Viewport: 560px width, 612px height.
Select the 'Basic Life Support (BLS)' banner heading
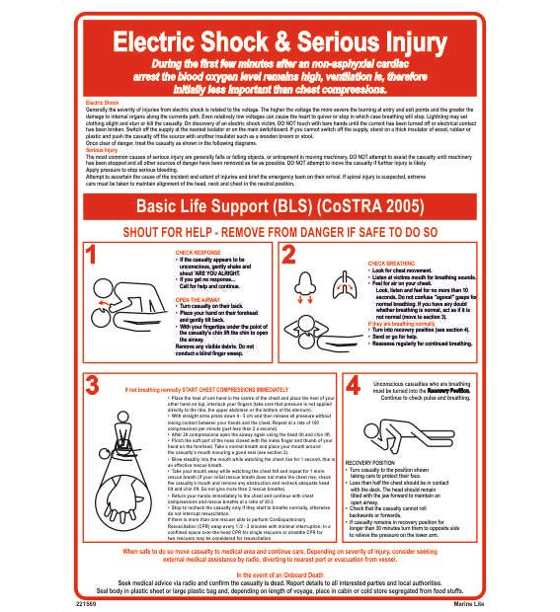(217, 208)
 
